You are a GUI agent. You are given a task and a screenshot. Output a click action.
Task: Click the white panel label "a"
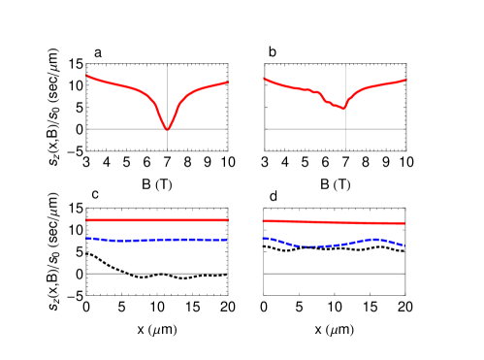[x=98, y=52]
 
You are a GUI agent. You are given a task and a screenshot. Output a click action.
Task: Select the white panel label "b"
[x=274, y=50]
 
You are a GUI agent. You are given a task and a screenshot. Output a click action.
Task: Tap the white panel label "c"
[x=95, y=194]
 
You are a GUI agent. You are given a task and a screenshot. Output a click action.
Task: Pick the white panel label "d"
[x=274, y=197]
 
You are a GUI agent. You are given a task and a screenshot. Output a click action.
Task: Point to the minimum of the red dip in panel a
[x=168, y=129]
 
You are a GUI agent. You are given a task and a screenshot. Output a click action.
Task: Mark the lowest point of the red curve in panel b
[x=342, y=108]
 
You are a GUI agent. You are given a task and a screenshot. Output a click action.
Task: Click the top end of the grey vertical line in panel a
[x=168, y=65]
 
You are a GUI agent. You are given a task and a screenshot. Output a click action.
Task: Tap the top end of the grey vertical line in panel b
[x=346, y=65]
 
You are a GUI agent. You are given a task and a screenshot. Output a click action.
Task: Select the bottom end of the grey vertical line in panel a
[x=168, y=150]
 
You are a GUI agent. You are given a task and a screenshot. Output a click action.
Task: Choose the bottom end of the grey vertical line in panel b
[x=346, y=150]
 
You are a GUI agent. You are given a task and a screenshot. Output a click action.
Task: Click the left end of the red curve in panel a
[x=87, y=75]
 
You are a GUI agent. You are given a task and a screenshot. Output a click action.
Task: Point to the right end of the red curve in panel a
[x=228, y=82]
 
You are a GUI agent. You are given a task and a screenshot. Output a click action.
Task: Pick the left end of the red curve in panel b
[x=265, y=78]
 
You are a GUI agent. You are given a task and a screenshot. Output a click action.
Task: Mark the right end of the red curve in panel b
[x=405, y=81]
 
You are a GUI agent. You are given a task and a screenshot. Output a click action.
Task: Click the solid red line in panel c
[x=155, y=220]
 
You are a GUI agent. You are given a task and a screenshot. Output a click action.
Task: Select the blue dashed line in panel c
[x=155, y=240]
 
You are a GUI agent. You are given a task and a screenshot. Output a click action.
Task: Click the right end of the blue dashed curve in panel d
[x=403, y=245]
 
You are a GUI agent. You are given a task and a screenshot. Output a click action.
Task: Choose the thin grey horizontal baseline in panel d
[x=335, y=274]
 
